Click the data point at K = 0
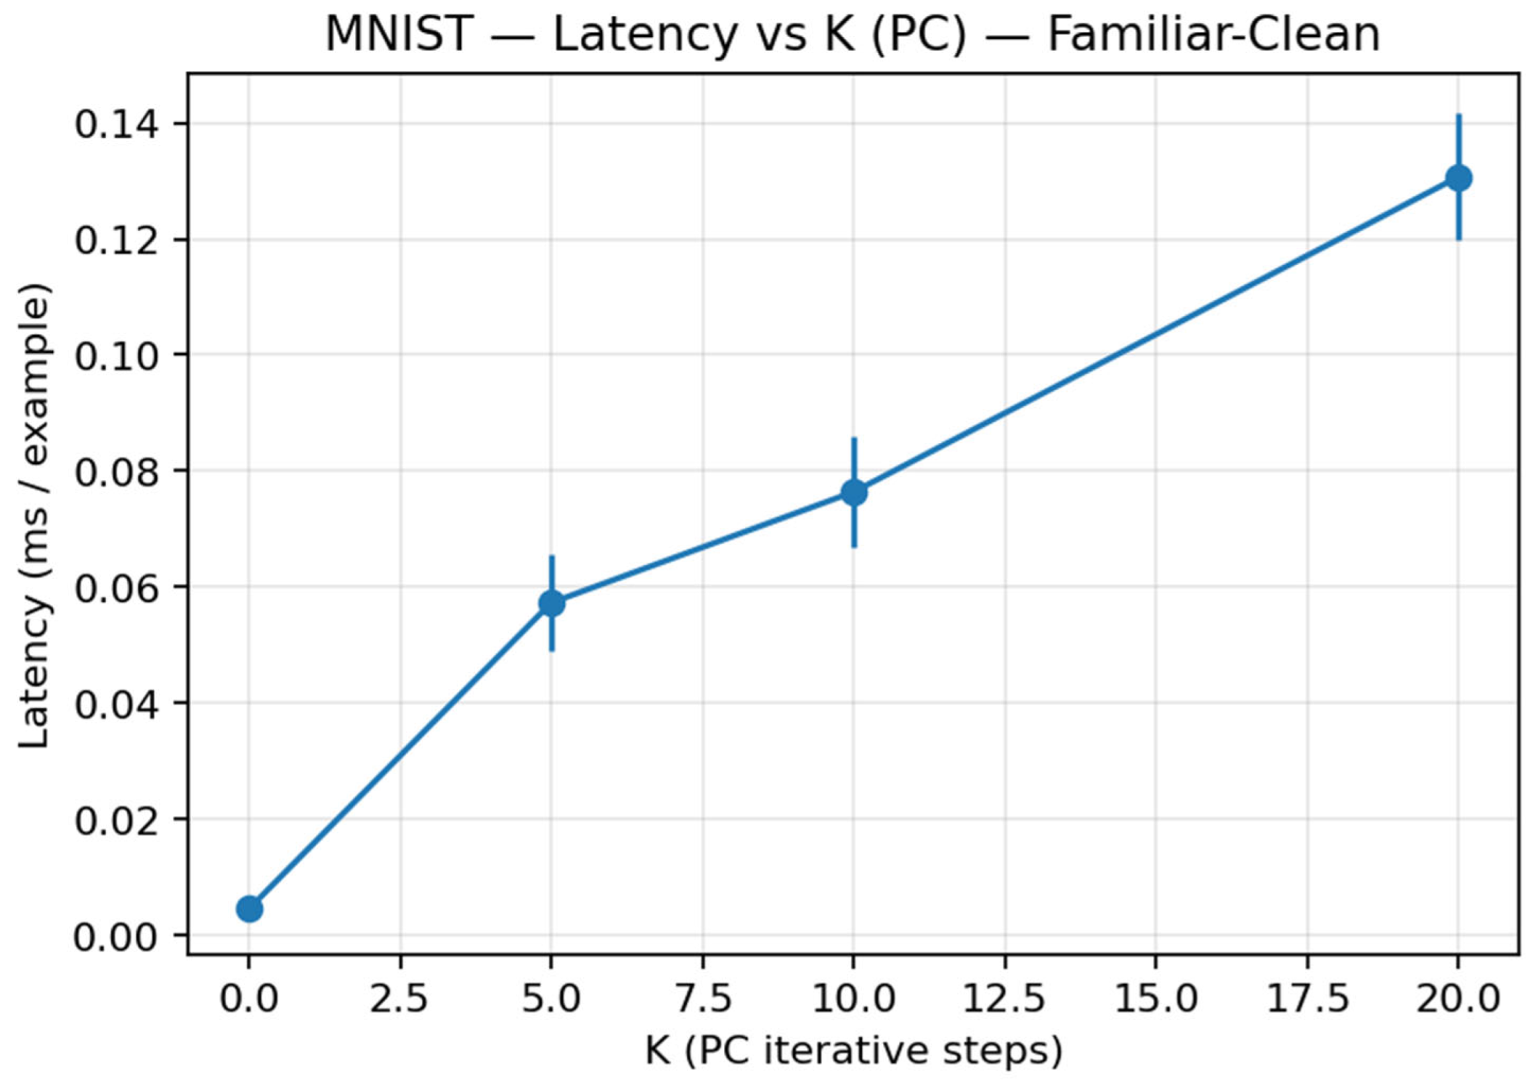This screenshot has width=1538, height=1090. coord(249,909)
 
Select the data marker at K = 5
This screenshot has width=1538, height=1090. coord(552,603)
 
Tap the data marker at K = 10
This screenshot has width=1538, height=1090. coord(854,493)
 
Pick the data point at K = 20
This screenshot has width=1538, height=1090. coord(1458,178)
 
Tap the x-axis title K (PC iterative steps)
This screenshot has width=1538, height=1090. coord(854,1051)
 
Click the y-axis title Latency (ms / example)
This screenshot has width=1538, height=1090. coord(35,513)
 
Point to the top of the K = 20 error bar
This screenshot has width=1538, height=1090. coord(1458,115)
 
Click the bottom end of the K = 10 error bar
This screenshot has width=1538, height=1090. coord(854,546)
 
